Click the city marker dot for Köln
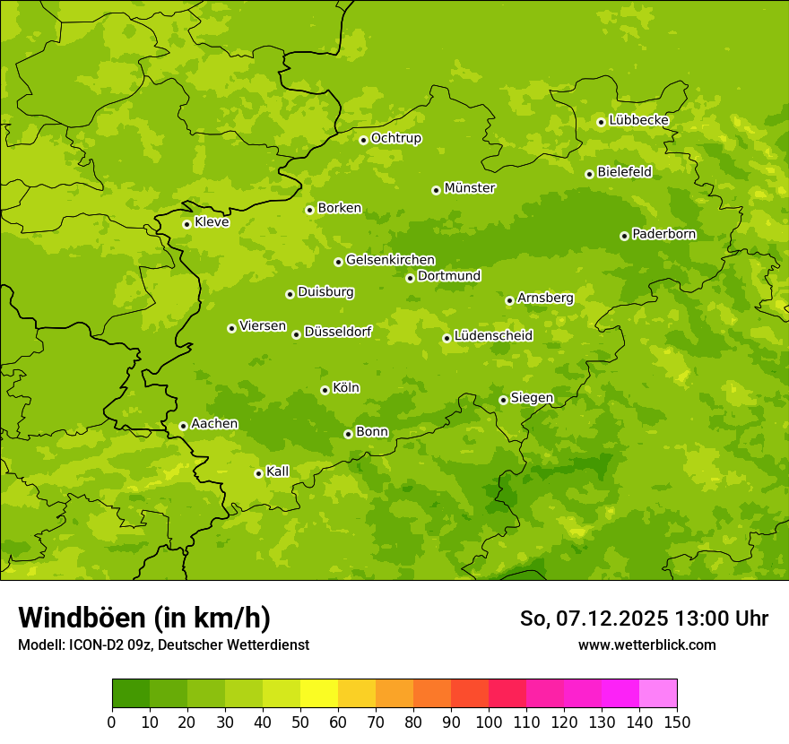coord(325,390)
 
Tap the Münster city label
coord(469,188)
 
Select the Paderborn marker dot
coord(624,236)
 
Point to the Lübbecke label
coord(638,120)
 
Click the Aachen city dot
coord(183,426)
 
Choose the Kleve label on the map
coord(212,222)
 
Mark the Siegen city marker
coord(503,400)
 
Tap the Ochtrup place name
coord(395,138)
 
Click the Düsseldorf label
coord(337,332)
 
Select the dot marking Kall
coord(258,473)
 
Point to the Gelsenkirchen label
coord(390,260)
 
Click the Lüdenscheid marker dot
coord(447,338)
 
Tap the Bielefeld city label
coord(624,171)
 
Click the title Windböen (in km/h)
coord(144,618)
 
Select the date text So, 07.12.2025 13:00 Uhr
coord(644,619)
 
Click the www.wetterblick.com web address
coord(646,645)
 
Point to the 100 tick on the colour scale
coord(489,722)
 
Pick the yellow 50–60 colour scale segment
coord(319,694)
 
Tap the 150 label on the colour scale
coord(677,722)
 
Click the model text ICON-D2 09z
coord(108,645)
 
